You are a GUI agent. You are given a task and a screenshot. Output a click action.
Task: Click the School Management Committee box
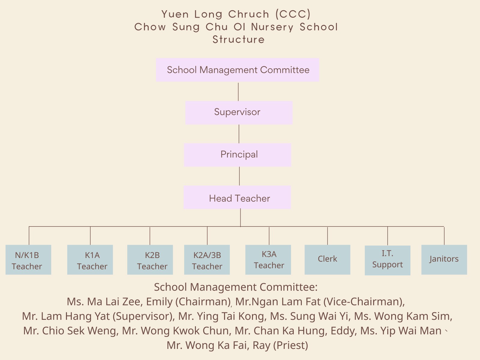click(238, 70)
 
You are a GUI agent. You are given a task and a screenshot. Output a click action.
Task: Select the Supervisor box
click(239, 113)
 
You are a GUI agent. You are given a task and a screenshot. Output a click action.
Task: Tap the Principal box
click(238, 155)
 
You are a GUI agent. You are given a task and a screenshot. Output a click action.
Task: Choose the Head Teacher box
click(237, 197)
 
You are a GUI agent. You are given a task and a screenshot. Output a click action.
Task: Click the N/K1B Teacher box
click(28, 260)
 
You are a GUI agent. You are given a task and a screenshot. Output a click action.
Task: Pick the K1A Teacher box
click(90, 260)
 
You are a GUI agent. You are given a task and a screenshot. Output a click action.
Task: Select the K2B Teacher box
click(150, 260)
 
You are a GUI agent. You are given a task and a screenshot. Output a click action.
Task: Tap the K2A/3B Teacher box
click(207, 260)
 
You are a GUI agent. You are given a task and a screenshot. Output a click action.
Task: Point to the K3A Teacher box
click(268, 260)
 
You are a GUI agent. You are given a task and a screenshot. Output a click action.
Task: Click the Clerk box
click(327, 260)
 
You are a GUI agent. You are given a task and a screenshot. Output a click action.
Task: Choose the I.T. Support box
click(388, 260)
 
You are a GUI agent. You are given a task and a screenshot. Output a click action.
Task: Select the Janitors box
click(444, 260)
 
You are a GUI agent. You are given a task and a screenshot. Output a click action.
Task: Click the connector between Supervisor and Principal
click(239, 134)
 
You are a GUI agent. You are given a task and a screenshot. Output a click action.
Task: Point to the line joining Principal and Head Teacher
click(239, 176)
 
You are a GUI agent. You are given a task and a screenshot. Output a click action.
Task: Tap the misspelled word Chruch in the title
click(249, 14)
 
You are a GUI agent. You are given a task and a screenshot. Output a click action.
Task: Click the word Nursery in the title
click(272, 27)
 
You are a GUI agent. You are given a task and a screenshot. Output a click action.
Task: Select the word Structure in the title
click(238, 40)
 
